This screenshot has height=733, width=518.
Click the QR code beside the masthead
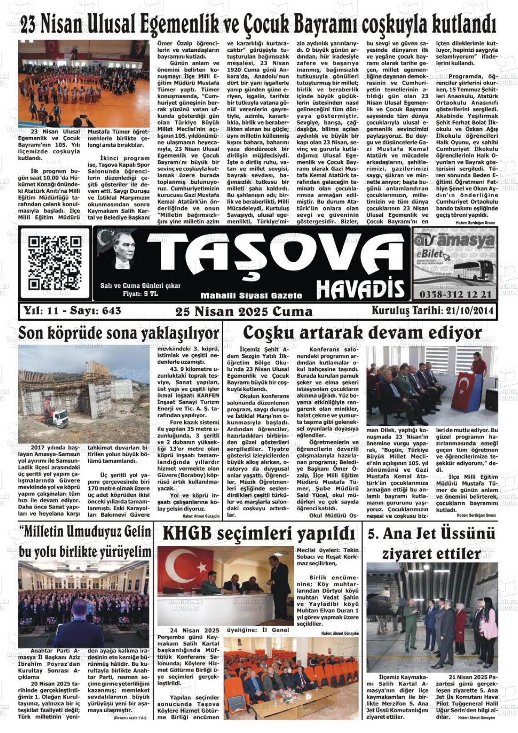pyautogui.click(x=55, y=264)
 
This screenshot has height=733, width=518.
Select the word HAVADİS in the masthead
pyautogui.click(x=360, y=289)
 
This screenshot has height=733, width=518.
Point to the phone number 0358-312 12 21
pyautogui.click(x=455, y=294)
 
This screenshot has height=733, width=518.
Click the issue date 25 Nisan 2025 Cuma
pyautogui.click(x=244, y=311)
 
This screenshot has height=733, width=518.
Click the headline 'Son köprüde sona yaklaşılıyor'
pyautogui.click(x=120, y=334)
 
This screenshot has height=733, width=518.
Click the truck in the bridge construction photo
pyautogui.click(x=54, y=419)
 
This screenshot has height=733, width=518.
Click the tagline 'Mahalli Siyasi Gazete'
pyautogui.click(x=251, y=296)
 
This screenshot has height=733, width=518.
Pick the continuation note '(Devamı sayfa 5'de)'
pyautogui.click(x=129, y=718)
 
